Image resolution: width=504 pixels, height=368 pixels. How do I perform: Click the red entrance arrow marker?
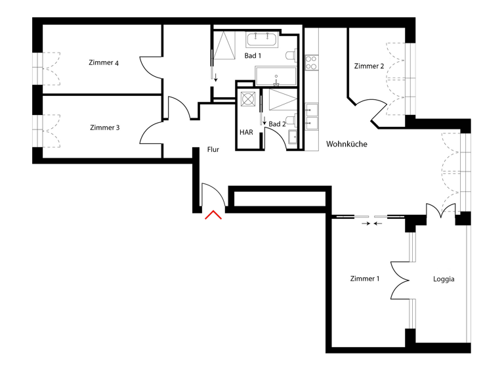pos(214,215)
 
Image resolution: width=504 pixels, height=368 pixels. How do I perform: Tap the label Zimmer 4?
pos(104,63)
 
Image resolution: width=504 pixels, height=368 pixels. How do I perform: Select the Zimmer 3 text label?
pos(104,127)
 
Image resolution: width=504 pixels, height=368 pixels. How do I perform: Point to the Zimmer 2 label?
pos(369,66)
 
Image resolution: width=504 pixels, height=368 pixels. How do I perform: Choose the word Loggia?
pos(444,279)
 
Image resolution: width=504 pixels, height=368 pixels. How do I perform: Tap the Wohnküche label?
pos(346,145)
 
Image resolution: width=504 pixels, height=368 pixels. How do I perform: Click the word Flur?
pos(213,150)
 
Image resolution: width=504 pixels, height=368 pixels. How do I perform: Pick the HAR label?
pos(246,132)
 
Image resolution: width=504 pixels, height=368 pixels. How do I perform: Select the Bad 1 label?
pos(253,56)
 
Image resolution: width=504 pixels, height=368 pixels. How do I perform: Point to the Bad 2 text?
pos(277,124)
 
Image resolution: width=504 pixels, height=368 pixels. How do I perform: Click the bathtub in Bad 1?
pos(276,76)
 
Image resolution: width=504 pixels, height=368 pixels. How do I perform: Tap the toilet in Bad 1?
pos(289,55)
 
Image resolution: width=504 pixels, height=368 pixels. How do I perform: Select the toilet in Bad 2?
pos(290,120)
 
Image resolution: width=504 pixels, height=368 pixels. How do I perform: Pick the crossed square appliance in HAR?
pos(249,99)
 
